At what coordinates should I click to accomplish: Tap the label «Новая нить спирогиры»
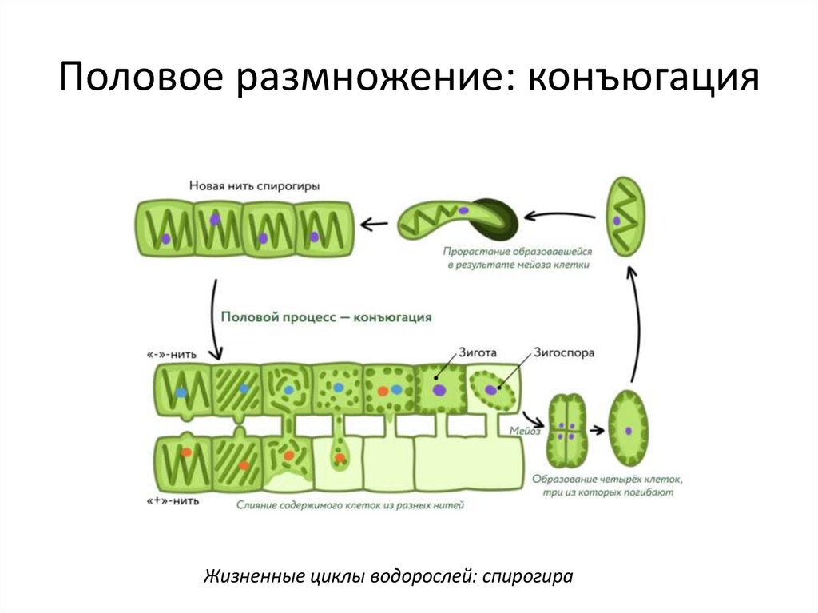pyautogui.click(x=254, y=185)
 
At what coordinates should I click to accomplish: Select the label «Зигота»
pyautogui.click(x=478, y=351)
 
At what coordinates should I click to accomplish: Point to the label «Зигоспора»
pyautogui.click(x=564, y=351)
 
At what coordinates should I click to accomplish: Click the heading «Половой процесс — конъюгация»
pyautogui.click(x=326, y=316)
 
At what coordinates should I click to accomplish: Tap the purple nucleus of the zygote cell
pyautogui.click(x=439, y=390)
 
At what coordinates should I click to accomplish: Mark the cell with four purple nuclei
pyautogui.click(x=567, y=430)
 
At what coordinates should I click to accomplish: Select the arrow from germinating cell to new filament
pyautogui.click(x=374, y=221)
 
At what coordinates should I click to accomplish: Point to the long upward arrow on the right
pyautogui.click(x=633, y=320)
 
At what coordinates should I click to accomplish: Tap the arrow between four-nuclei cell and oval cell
pyautogui.click(x=596, y=430)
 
